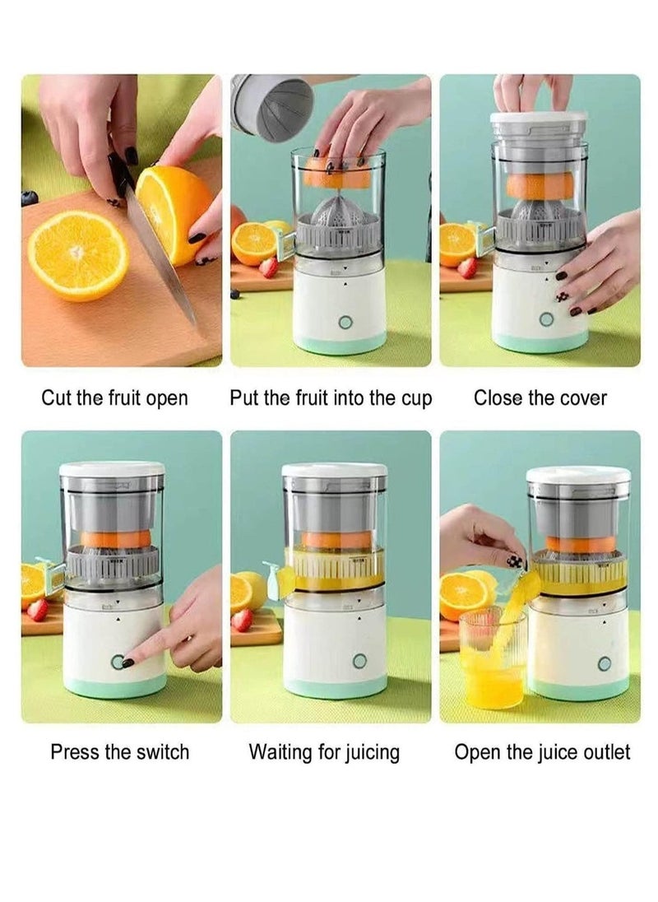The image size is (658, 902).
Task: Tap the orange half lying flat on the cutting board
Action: (x=78, y=255)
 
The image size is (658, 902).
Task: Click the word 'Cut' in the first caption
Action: (x=54, y=398)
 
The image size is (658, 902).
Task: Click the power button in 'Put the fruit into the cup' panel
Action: (x=345, y=322)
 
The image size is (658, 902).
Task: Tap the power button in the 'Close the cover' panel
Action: (x=546, y=319)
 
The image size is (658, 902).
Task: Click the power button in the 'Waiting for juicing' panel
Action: (x=359, y=661)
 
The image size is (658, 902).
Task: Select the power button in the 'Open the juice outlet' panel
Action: (x=604, y=664)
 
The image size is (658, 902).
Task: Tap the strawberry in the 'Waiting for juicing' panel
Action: (x=241, y=621)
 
